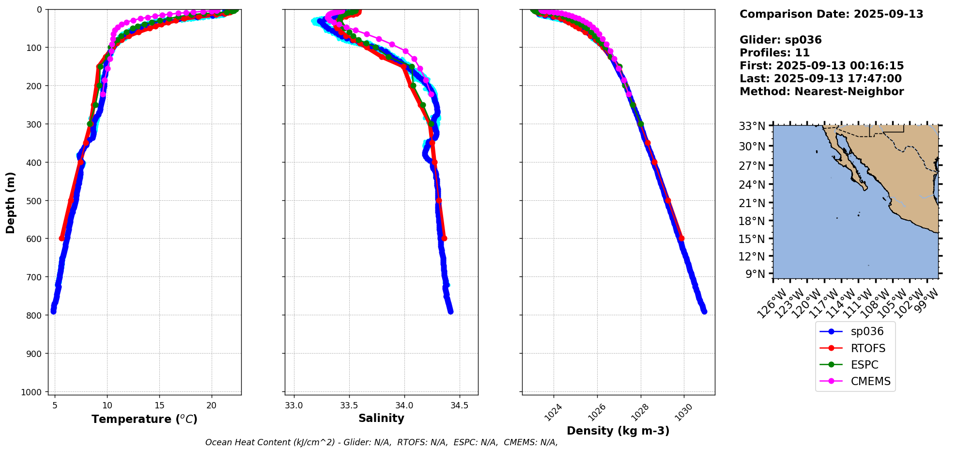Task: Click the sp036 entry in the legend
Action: [866, 332]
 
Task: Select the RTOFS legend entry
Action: [867, 348]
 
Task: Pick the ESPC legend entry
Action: [864, 365]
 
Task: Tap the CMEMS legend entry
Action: [870, 382]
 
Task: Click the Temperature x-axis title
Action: [144, 419]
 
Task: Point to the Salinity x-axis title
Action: [381, 418]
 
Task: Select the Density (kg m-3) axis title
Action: [618, 431]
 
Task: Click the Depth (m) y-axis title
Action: [11, 202]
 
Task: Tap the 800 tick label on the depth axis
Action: [36, 315]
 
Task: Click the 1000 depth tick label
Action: [33, 392]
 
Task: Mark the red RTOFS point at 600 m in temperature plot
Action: [62, 238]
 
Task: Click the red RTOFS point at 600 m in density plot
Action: [681, 238]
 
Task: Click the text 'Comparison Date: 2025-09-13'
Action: [831, 14]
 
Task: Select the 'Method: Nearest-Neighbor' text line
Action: [821, 92]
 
